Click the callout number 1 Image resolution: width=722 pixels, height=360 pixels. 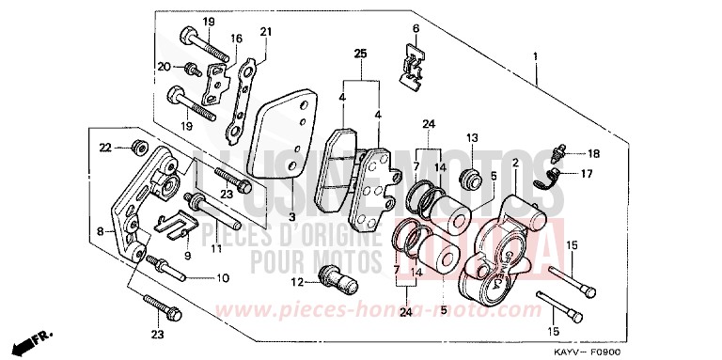coord(535,57)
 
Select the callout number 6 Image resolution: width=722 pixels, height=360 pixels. coord(416,29)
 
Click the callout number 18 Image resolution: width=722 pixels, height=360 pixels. coord(593,153)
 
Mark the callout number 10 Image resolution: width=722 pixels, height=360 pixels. coord(222,278)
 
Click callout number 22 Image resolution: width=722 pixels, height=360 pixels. coord(106,147)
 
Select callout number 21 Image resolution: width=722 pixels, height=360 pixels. coord(265,32)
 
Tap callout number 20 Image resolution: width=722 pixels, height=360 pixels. coord(163,67)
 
